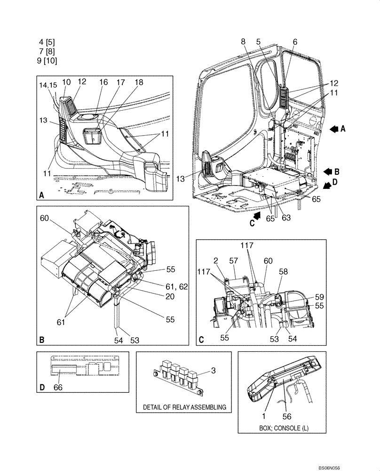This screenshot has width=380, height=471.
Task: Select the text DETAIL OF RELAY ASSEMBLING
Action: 184,407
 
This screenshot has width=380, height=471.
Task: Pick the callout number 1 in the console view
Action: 264,416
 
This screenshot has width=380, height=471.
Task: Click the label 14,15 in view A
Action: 48,85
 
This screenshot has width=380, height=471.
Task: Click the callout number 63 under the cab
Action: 286,218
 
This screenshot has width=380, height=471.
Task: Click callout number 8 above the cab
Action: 243,41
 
